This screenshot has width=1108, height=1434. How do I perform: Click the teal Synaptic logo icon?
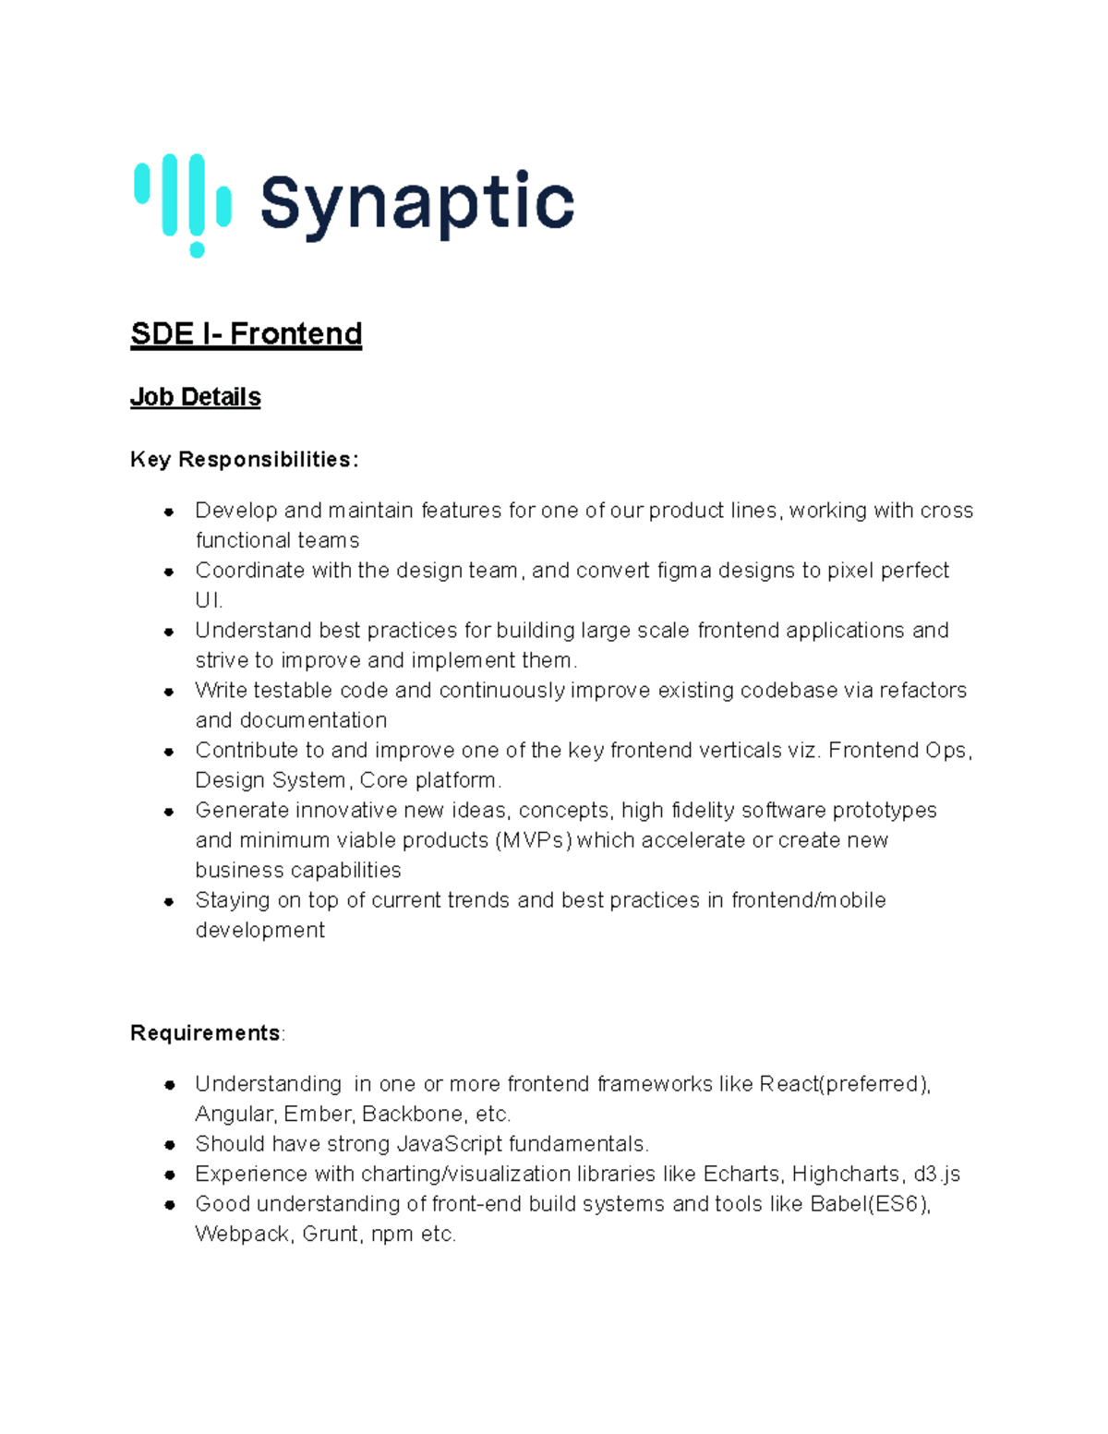tap(183, 204)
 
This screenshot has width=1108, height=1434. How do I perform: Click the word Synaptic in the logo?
tap(417, 204)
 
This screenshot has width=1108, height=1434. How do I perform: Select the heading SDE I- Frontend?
tap(246, 333)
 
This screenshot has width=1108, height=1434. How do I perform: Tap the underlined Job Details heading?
tap(195, 397)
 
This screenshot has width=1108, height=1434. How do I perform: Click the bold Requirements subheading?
tap(205, 1032)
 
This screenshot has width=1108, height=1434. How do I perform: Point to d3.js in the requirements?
tap(936, 1174)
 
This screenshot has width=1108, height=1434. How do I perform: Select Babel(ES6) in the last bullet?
tap(870, 1204)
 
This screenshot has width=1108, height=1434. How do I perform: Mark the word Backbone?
tap(413, 1114)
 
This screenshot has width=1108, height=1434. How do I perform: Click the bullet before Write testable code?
tap(169, 692)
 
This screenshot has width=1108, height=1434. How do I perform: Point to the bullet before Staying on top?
tap(169, 901)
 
